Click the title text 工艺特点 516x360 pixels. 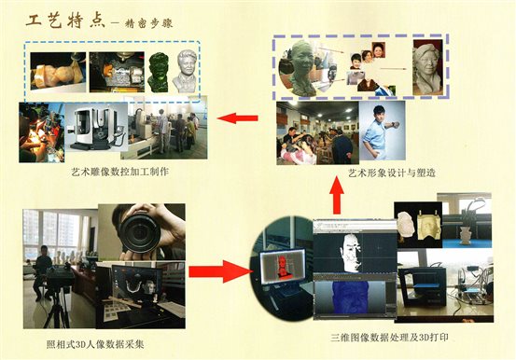(65, 21)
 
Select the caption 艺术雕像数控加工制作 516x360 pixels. (120, 173)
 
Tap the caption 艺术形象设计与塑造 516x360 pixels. (392, 173)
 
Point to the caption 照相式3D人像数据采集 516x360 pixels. (95, 345)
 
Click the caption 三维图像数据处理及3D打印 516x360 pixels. (390, 338)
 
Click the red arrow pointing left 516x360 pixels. (237, 118)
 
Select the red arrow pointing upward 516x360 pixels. (337, 195)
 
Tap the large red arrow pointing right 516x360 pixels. (220, 271)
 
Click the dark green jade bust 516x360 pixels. (159, 73)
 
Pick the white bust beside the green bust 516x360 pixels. (185, 71)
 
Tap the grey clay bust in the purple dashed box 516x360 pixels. (427, 68)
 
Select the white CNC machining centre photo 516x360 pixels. (96, 127)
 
